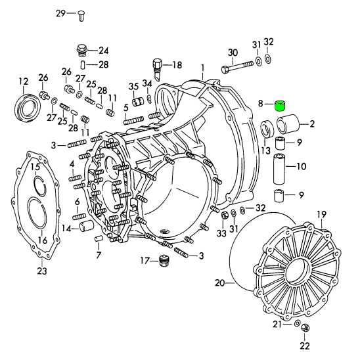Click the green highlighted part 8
click(281, 106)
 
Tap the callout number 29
click(61, 14)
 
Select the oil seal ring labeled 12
click(28, 106)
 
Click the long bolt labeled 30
click(238, 66)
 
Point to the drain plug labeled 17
click(162, 261)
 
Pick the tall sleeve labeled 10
click(279, 169)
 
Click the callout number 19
click(322, 215)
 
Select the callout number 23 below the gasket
click(42, 271)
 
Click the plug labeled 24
click(81, 51)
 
